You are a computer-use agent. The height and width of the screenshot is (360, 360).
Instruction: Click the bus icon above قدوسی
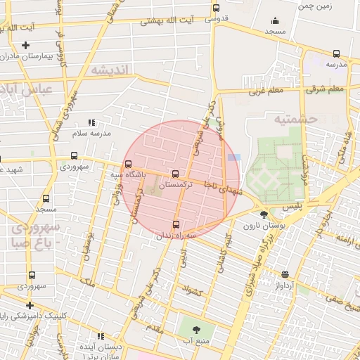216,8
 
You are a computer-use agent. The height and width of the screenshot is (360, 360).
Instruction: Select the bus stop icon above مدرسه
336,53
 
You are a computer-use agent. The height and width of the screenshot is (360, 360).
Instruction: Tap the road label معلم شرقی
325,89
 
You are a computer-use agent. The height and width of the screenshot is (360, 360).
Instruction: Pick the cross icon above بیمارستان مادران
25,45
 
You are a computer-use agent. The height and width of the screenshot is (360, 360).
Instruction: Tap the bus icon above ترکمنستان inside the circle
175,174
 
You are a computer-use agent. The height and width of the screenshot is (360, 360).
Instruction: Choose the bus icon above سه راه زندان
166,225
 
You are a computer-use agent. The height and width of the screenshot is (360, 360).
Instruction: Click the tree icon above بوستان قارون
263,215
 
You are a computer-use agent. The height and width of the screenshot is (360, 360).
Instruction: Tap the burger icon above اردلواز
285,275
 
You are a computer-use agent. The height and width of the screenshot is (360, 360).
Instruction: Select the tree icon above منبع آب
195,329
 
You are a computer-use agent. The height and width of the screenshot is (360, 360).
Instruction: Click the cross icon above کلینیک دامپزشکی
30,305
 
